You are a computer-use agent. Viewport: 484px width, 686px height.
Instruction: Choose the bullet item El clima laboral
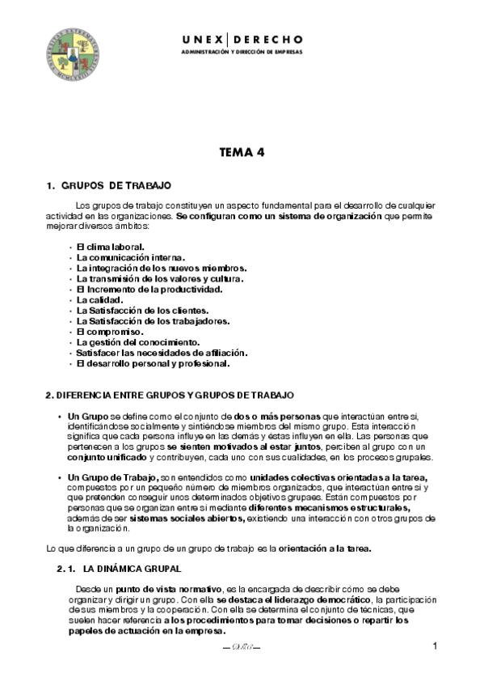110,247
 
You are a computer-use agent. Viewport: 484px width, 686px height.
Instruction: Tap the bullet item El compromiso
109,332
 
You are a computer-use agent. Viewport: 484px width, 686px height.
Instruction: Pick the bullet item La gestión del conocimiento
137,342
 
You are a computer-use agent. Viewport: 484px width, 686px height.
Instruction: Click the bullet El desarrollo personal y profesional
153,363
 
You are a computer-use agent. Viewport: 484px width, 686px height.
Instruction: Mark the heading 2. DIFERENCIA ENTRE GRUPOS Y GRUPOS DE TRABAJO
169,395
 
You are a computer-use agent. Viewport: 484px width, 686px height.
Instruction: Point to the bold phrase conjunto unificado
102,457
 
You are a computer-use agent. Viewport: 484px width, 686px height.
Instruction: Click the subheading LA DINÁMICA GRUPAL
132,569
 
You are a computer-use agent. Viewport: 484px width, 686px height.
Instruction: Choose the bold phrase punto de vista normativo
166,589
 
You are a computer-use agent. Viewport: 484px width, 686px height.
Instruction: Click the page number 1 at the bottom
435,646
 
